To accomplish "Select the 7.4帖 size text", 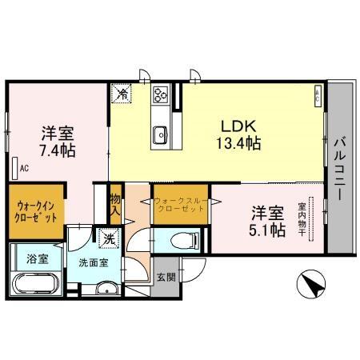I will pyautogui.click(x=59, y=150).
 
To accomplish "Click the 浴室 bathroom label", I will pyautogui.click(x=38, y=258).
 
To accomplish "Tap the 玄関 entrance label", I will pyautogui.click(x=165, y=277).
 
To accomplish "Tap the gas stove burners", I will pyautogui.click(x=159, y=96).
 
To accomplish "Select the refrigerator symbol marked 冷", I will pyautogui.click(x=122, y=94).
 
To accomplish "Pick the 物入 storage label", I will pyautogui.click(x=115, y=206).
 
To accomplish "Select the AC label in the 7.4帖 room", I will pyautogui.click(x=24, y=168).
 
